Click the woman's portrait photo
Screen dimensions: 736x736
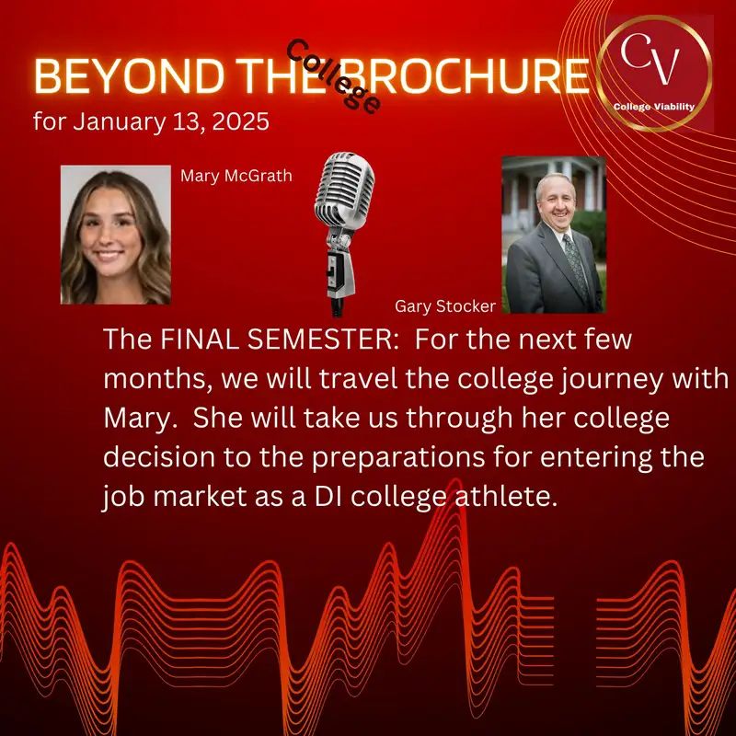116,235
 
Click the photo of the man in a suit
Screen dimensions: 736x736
553,235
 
